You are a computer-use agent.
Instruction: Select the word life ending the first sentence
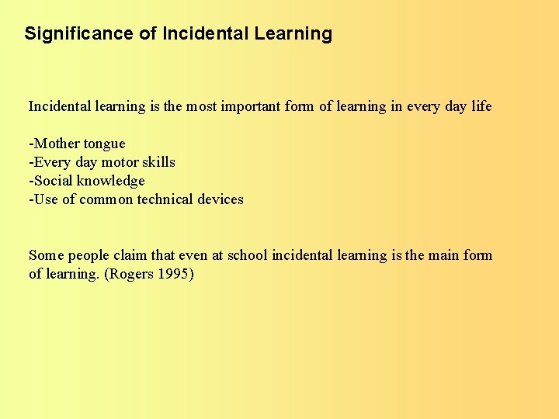[481, 106]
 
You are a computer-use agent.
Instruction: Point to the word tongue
[104, 144]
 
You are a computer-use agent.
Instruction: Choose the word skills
[158, 162]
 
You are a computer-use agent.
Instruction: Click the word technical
[165, 199]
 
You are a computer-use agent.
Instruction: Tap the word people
[89, 256]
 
